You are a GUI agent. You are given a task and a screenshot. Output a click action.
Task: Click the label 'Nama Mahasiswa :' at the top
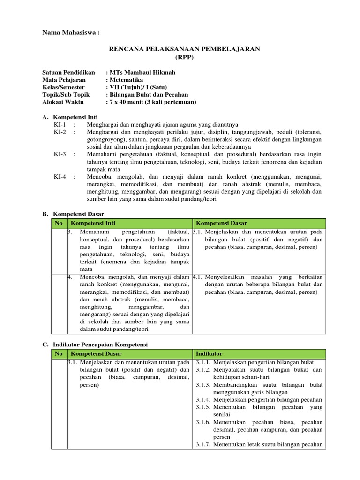(71, 33)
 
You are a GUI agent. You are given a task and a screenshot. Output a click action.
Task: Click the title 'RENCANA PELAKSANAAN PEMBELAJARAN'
(184, 49)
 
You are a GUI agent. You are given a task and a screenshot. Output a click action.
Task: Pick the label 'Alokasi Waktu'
(63, 102)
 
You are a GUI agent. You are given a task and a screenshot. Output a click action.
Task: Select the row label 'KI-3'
(60, 154)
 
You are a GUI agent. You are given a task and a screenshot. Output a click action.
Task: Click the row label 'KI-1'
(60, 124)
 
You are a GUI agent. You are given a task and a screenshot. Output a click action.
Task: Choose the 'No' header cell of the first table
(59, 223)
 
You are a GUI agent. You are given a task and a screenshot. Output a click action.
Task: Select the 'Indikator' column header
(209, 353)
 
